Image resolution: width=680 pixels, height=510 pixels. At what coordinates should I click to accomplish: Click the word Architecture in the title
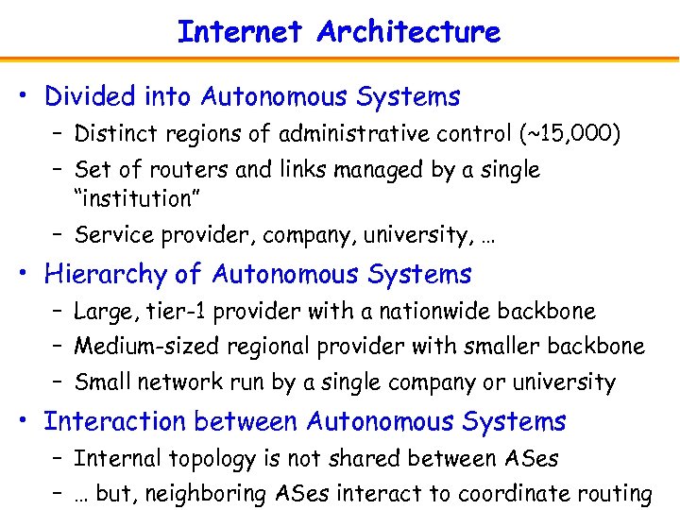point(408,32)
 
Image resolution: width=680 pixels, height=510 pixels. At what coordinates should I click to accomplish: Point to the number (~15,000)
point(570,134)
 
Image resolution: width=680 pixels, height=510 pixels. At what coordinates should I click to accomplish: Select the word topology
point(201,460)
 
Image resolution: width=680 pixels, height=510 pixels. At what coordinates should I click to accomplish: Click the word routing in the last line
point(619,494)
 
